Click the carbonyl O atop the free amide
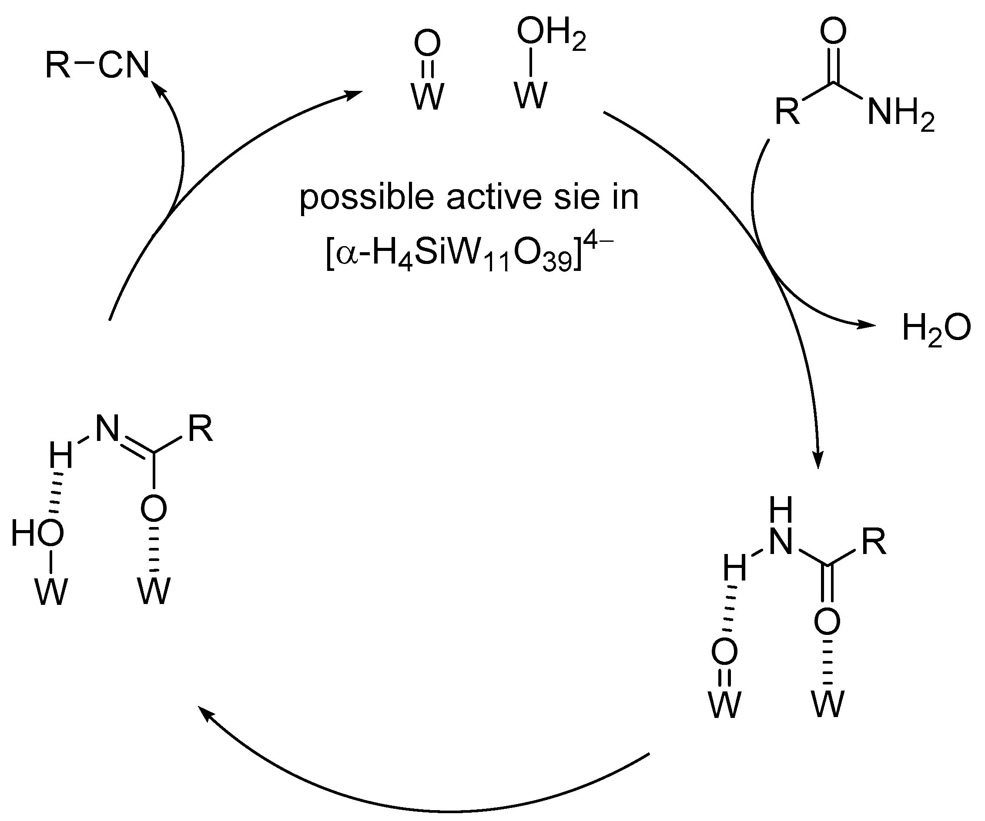click(x=834, y=30)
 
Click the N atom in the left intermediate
click(x=107, y=429)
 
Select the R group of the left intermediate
click(x=200, y=429)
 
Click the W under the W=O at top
click(x=427, y=97)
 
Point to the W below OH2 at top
click(x=530, y=96)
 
